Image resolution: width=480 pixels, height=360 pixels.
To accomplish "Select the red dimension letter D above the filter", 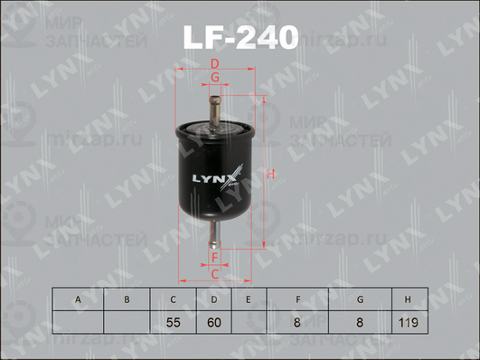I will coord(215,62).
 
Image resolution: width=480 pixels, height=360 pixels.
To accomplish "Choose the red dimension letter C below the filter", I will coord(215,273).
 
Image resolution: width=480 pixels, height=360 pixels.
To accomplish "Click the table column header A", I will coord(79,298).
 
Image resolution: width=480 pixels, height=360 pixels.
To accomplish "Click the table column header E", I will coord(247,298).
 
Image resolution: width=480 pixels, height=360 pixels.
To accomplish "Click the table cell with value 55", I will coord(173,321).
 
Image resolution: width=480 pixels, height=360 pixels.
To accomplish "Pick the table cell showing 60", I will coord(214,321).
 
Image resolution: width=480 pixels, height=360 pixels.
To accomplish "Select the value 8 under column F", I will coord(297,321).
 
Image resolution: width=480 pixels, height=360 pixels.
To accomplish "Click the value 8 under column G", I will coord(360,321).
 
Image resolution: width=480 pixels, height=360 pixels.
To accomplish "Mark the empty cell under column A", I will coord(79,321).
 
